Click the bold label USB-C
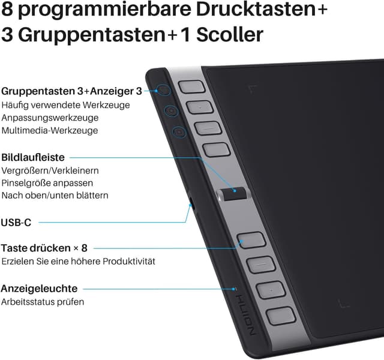coord(16,223)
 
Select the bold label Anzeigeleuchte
coord(39,289)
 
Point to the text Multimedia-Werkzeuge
coord(50,130)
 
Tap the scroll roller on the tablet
coord(232,193)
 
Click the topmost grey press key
coord(191,86)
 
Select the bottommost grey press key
coord(279,316)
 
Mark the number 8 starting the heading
coord(8,11)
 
